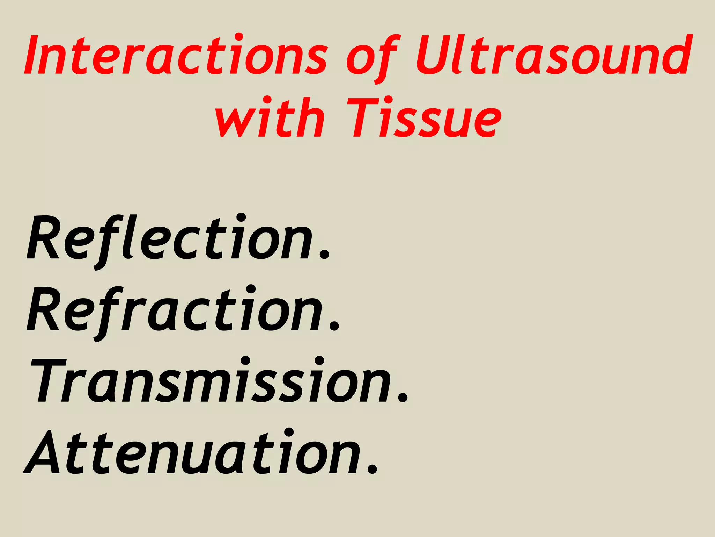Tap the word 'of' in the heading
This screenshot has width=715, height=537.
(372, 58)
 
